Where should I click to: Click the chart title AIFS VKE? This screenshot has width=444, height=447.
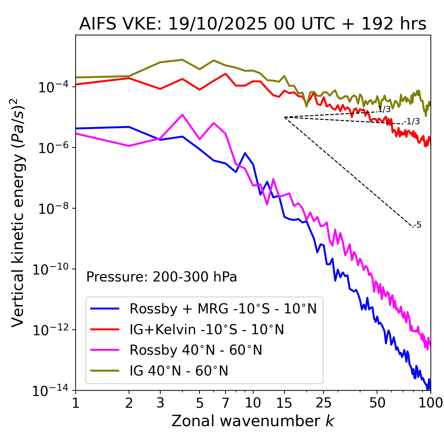(x=253, y=24)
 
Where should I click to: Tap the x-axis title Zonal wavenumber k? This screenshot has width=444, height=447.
(x=253, y=421)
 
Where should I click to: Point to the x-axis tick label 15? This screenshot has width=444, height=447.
(x=284, y=403)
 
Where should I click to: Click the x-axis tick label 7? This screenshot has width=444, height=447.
(x=225, y=403)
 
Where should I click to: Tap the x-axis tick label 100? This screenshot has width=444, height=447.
(x=430, y=403)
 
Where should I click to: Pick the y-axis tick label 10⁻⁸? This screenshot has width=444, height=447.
(x=52, y=209)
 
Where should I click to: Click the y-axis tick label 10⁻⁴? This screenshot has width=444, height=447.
(x=52, y=87)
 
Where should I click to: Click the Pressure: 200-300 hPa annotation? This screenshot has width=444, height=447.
(x=161, y=277)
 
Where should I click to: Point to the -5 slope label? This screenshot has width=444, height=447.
(x=418, y=225)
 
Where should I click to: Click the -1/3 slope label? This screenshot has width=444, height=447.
(x=412, y=121)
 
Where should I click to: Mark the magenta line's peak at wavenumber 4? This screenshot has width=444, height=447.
(x=182, y=115)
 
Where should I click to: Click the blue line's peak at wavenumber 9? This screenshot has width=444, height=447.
(x=245, y=153)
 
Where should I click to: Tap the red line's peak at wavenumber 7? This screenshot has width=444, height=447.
(x=225, y=74)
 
